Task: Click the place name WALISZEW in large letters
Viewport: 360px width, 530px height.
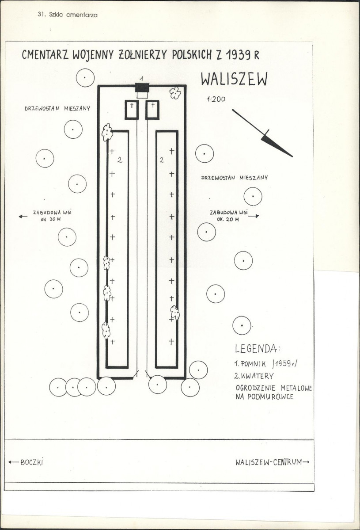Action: pos(234,80)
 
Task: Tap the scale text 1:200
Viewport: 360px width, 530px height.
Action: pos(216,99)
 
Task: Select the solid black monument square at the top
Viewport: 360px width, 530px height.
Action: pos(142,87)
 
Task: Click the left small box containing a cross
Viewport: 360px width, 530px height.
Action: pos(132,110)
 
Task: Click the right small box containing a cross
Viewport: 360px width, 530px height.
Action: pos(152,110)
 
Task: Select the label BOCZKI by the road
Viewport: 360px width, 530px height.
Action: pos(32,462)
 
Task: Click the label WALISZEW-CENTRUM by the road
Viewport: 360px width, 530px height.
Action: pos(269,462)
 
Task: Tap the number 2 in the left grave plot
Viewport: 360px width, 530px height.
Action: pos(119,160)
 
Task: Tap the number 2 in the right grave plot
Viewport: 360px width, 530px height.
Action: pos(162,160)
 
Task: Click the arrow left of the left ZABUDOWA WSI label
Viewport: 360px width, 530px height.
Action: pos(23,216)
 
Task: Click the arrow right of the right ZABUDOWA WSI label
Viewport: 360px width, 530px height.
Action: pos(253,216)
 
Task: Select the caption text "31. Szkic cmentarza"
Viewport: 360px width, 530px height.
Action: pos(68,15)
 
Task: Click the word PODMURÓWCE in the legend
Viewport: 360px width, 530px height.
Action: pos(270,397)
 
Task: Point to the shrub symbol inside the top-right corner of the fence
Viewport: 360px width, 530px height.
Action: pos(175,93)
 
